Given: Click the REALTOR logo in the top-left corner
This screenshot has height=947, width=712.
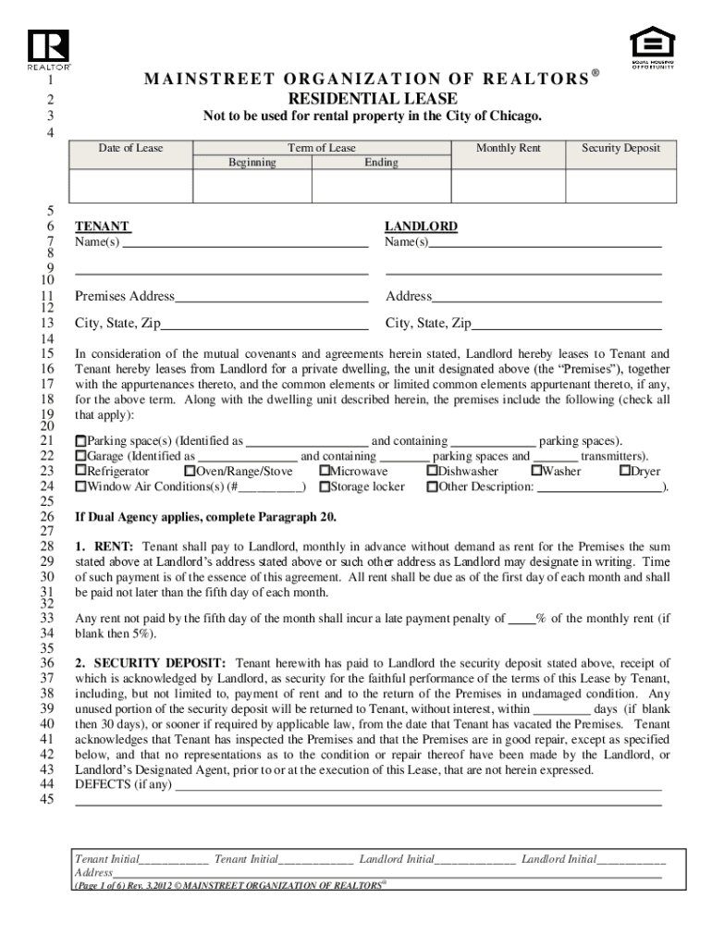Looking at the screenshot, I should coord(48,49).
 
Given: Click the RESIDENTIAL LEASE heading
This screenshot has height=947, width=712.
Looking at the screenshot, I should coord(372,98).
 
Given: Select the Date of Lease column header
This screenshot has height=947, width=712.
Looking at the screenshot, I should coord(131,148).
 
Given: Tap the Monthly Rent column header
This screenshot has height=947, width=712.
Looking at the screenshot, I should coord(508,148).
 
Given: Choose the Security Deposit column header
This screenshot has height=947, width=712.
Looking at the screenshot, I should coord(620,148).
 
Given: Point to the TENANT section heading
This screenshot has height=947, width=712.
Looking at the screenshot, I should coord(102,227).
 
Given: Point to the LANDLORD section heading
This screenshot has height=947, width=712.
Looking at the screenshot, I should coord(421,227).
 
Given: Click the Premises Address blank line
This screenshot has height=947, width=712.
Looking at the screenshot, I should coord(272,297).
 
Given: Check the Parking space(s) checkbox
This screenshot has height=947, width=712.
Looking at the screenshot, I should coord(80,442).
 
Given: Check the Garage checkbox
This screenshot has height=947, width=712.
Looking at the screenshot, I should coord(80,457).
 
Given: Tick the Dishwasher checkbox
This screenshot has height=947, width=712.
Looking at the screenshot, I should coord(432,472).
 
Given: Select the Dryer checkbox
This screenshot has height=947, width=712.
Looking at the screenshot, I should coord(624,472).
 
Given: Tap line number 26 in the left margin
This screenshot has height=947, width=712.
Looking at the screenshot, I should coord(47,516).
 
